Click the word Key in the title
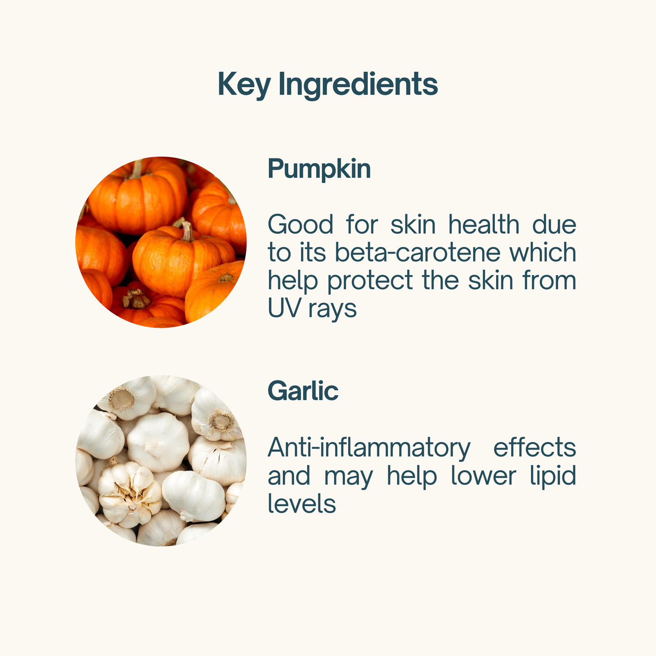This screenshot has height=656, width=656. click(x=244, y=85)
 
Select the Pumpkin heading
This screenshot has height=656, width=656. click(x=319, y=169)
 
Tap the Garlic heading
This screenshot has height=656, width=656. click(x=303, y=390)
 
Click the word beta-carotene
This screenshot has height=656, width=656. click(x=417, y=252)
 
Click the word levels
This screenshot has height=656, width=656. click(x=302, y=503)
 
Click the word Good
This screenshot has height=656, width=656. click(x=300, y=225)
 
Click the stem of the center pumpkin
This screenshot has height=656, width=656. click(x=187, y=232)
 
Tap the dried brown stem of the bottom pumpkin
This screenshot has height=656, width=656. click(x=136, y=299)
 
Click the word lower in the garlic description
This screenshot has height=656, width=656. click(x=484, y=476)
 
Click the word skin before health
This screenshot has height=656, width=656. click(x=413, y=225)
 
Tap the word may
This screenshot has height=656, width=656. click(x=349, y=478)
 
